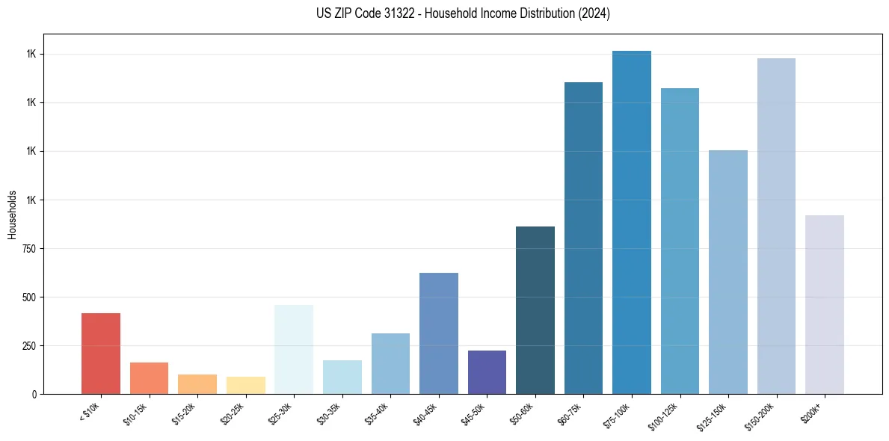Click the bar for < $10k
(101, 354)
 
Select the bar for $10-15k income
(149, 378)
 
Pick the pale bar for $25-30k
(294, 349)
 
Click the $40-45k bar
(438, 333)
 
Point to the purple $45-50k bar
(487, 372)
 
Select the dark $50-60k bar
(535, 310)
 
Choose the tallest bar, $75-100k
(632, 223)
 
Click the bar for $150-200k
(776, 226)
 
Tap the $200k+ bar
(825, 305)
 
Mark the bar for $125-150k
(728, 272)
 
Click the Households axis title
(12, 214)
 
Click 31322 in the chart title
(387, 13)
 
